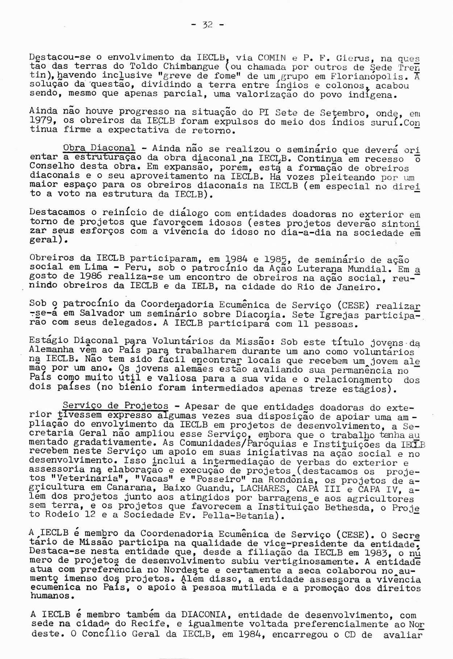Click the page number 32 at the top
pos(207,25)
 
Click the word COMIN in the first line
pos(271,58)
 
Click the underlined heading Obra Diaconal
pos(99,148)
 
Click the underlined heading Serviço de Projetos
pos(115,405)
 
